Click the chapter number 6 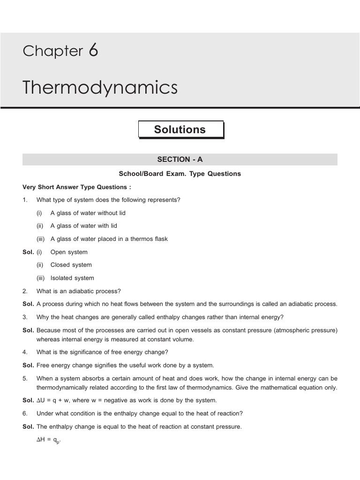(x=93, y=51)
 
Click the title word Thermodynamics (x=100, y=88)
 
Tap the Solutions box (x=180, y=130)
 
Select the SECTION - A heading (x=180, y=159)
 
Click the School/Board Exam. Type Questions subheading (x=180, y=173)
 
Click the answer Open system (x=69, y=252)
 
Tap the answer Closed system (x=71, y=265)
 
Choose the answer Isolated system (x=72, y=278)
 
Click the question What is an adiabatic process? (x=79, y=291)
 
